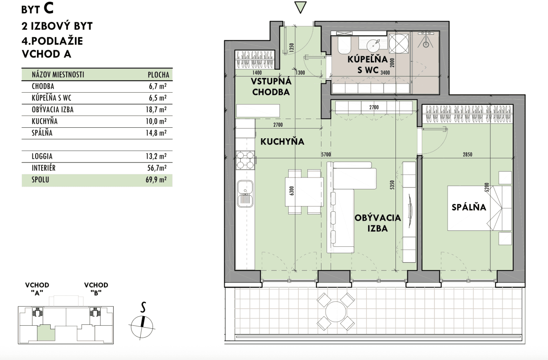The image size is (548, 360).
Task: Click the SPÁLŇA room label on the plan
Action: tap(469, 207)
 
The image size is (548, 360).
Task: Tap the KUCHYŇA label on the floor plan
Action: tap(282, 141)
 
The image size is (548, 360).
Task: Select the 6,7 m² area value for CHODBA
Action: tap(158, 86)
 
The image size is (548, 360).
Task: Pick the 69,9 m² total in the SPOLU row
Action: tap(156, 180)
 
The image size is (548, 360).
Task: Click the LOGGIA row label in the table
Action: tap(42, 156)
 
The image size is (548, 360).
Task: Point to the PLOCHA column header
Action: tap(158, 75)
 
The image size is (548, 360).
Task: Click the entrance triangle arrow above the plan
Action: tap(300, 7)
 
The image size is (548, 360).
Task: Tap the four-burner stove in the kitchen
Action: tap(245, 160)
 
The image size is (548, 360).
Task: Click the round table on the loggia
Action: tap(336, 312)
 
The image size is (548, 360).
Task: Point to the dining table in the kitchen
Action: tap(304, 192)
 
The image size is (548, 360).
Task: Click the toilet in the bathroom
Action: tap(344, 45)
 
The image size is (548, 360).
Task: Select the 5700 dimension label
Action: tap(326, 155)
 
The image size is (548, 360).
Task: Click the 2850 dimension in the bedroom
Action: tap(467, 155)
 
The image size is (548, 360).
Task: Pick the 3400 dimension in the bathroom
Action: tap(385, 73)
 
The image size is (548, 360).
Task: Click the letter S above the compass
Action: tap(143, 307)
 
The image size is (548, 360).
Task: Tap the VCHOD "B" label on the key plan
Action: tap(96, 289)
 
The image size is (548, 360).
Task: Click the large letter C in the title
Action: tap(48, 8)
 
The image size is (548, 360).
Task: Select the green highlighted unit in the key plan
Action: tap(46, 333)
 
